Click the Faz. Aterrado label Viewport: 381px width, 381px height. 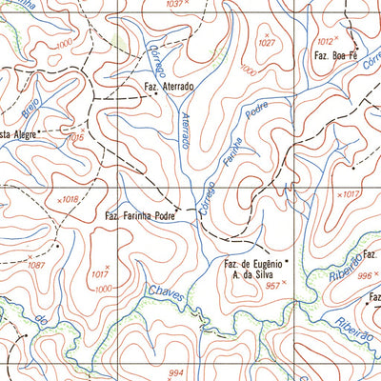170,87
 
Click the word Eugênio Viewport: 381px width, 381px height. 262,263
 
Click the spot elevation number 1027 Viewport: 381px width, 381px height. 266,43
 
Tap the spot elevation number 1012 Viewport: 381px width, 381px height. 326,41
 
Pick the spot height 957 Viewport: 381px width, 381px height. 274,286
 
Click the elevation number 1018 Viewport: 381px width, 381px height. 69,199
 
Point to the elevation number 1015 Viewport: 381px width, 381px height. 76,138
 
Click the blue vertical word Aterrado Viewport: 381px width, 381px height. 185,129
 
